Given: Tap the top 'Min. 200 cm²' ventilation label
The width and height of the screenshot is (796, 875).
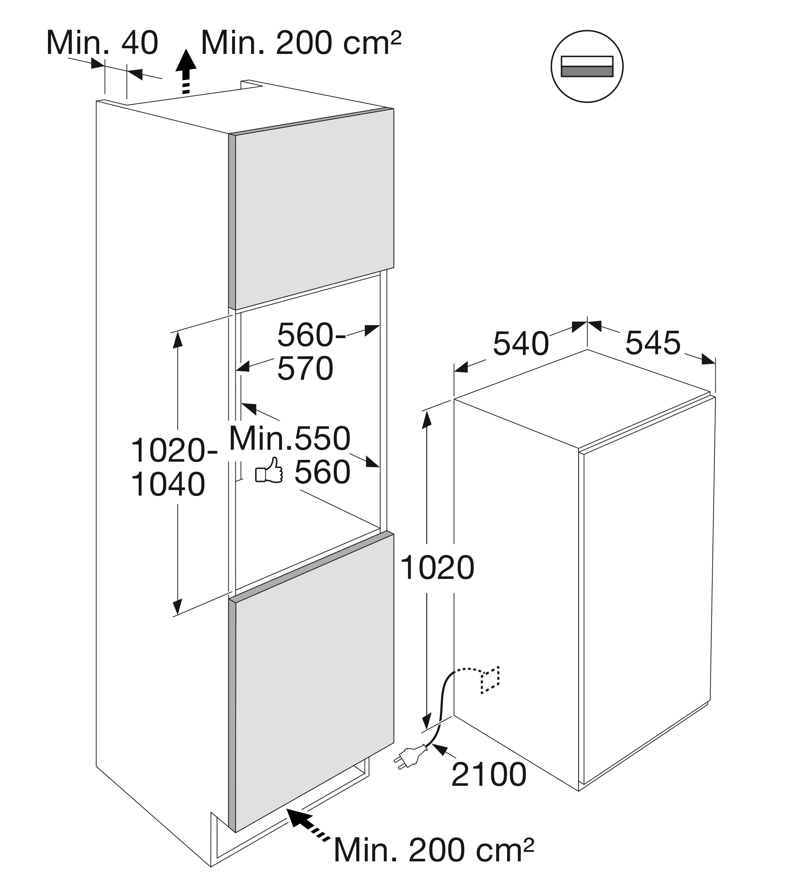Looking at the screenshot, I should pos(300,43).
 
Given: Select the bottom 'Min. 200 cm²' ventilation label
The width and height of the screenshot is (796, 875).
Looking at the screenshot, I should pos(434,850).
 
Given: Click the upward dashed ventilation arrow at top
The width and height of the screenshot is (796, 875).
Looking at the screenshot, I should pos(186,72).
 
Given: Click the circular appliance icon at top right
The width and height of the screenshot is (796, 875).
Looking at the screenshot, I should pos(587,66).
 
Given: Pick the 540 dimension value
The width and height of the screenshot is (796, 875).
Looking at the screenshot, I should pos(521,344).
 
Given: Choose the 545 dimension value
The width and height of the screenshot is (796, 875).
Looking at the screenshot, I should pos(653,343).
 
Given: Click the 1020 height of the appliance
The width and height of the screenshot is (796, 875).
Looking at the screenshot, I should pos(437,568).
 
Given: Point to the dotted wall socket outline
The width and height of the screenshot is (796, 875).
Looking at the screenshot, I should pos(490,681).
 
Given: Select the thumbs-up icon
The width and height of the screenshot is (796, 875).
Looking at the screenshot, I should pos(269,470).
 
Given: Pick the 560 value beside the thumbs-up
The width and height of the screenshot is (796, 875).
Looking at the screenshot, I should pos(323,472).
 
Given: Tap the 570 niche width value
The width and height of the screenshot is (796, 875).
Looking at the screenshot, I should pos(305,369).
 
